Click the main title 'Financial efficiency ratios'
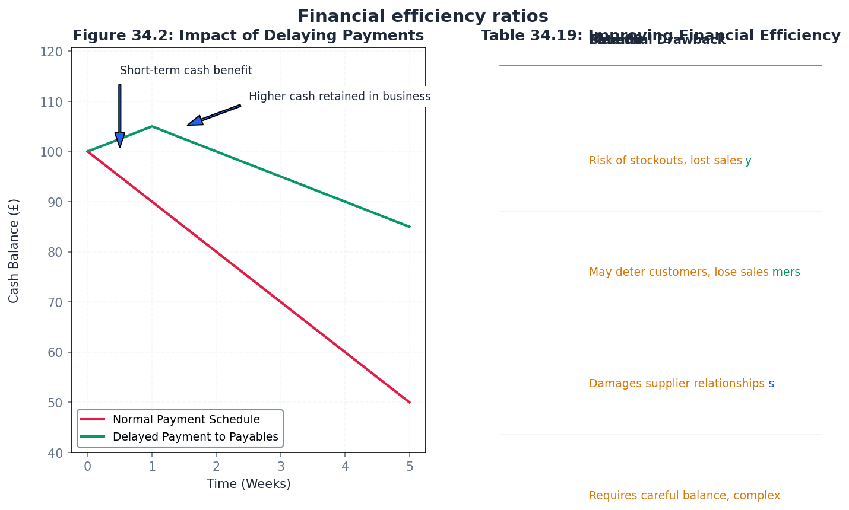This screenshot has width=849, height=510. pyautogui.click(x=423, y=16)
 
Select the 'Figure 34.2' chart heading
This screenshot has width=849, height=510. pyautogui.click(x=248, y=36)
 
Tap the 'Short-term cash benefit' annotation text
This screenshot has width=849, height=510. pyautogui.click(x=186, y=71)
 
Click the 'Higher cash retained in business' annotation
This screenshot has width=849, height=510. pyautogui.click(x=340, y=97)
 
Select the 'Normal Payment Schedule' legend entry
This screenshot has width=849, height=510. pyautogui.click(x=186, y=420)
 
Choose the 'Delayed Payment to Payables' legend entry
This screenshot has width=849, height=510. pyautogui.click(x=195, y=437)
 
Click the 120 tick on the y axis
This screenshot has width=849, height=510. pyautogui.click(x=52, y=52)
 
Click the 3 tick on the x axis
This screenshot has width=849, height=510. pyautogui.click(x=281, y=467)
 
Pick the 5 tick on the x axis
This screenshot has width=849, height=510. pyautogui.click(x=410, y=467)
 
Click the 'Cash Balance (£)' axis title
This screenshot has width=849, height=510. pyautogui.click(x=14, y=251)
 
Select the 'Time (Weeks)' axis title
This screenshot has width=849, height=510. pyautogui.click(x=249, y=484)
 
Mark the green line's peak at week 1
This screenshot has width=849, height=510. pyautogui.click(x=152, y=126)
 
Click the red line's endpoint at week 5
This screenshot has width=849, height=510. pyautogui.click(x=410, y=403)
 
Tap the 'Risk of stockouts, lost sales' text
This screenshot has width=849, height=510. pyautogui.click(x=665, y=161)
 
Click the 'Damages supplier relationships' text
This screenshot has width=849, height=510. pyautogui.click(x=676, y=384)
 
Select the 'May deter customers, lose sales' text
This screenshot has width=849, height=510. pyautogui.click(x=679, y=272)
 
